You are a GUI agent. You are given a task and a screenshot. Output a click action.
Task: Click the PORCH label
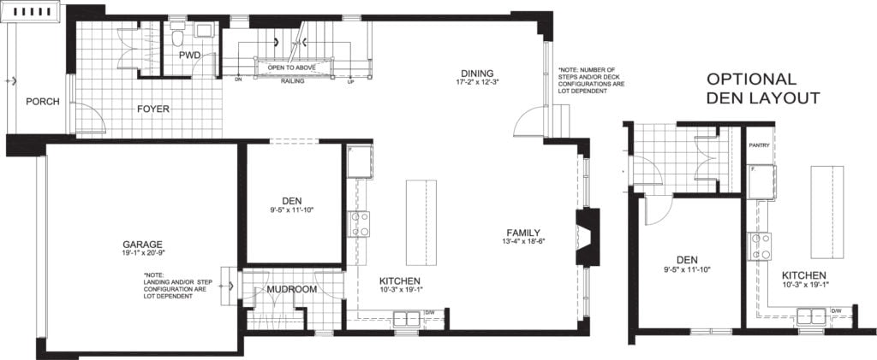point(43,101)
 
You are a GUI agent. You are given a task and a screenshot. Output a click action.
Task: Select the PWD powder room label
point(189,56)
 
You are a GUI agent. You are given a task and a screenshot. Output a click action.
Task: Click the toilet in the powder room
point(177,38)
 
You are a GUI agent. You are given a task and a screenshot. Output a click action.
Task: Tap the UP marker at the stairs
point(350,83)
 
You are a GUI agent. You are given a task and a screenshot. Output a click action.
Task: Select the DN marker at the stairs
point(238,82)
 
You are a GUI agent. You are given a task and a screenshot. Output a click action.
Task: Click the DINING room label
point(477,72)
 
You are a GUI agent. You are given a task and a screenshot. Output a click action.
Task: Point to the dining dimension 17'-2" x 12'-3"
point(477,82)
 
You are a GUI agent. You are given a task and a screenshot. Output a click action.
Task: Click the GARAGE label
point(142,243)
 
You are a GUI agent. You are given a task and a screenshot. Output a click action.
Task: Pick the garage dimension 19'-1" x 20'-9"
point(142,253)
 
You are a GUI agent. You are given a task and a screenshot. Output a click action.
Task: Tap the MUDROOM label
point(292,290)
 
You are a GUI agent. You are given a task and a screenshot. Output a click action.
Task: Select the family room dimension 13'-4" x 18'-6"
point(523,242)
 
